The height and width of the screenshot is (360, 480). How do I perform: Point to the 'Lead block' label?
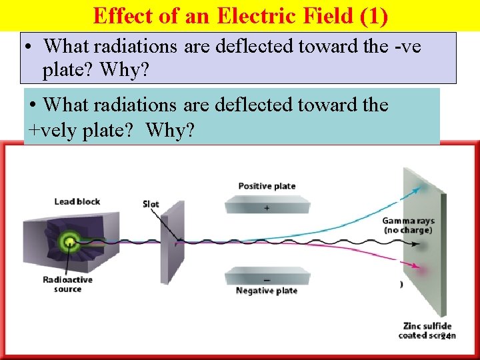point(77,201)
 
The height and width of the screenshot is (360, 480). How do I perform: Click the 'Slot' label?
point(151,203)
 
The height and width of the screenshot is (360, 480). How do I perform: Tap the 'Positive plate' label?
point(267,186)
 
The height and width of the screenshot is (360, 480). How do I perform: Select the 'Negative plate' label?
point(267,291)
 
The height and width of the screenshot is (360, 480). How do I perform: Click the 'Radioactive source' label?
point(67,285)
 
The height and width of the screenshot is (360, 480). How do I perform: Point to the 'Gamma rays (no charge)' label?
point(407,225)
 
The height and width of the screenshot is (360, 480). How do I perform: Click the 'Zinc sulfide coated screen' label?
point(427,331)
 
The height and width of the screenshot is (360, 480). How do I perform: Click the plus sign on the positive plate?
point(267,208)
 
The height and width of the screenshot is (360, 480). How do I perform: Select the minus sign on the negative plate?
point(267,280)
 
